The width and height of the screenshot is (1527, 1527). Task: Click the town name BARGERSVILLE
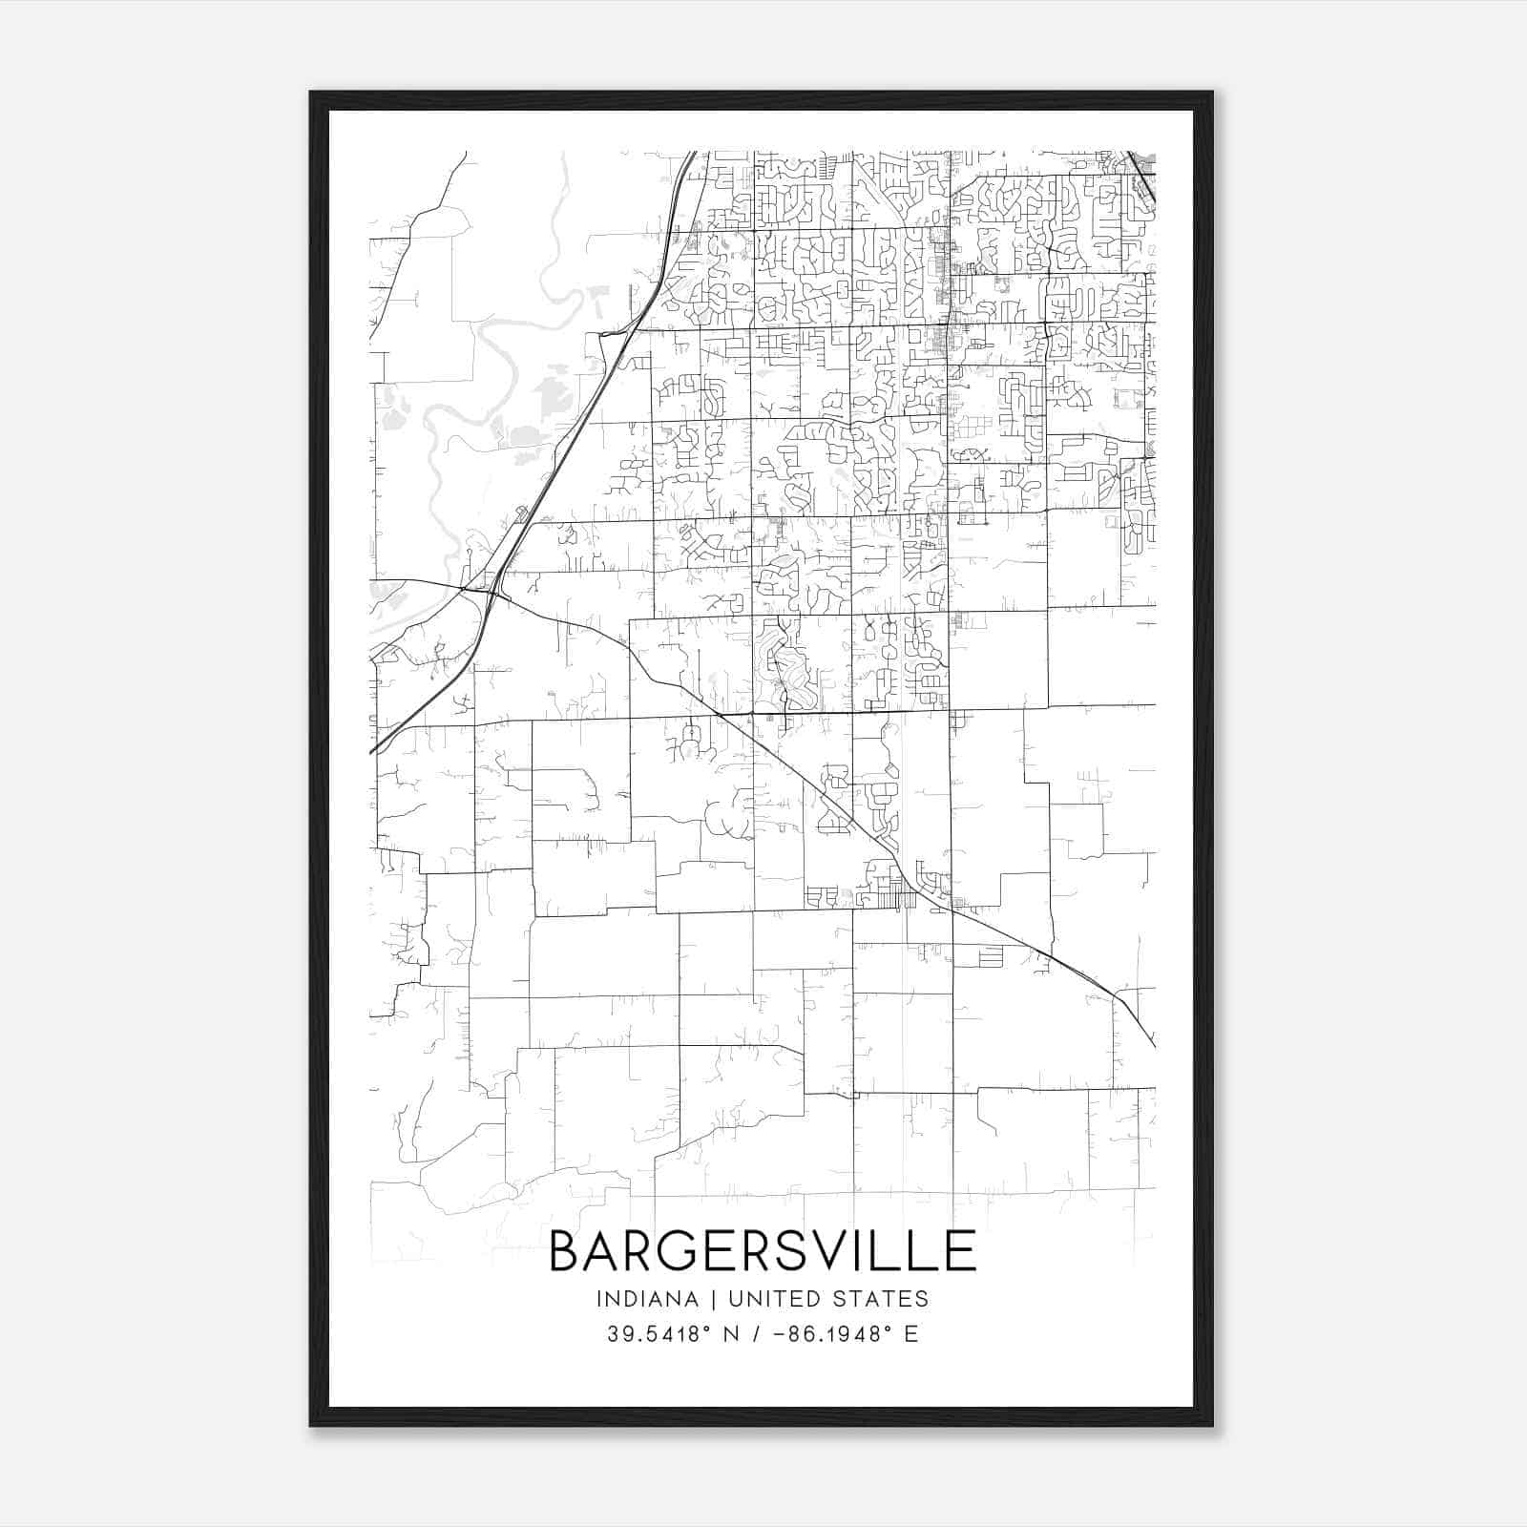[763, 1250]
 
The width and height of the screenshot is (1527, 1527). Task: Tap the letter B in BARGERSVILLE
[565, 1250]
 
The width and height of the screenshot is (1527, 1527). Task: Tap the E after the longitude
[911, 1334]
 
